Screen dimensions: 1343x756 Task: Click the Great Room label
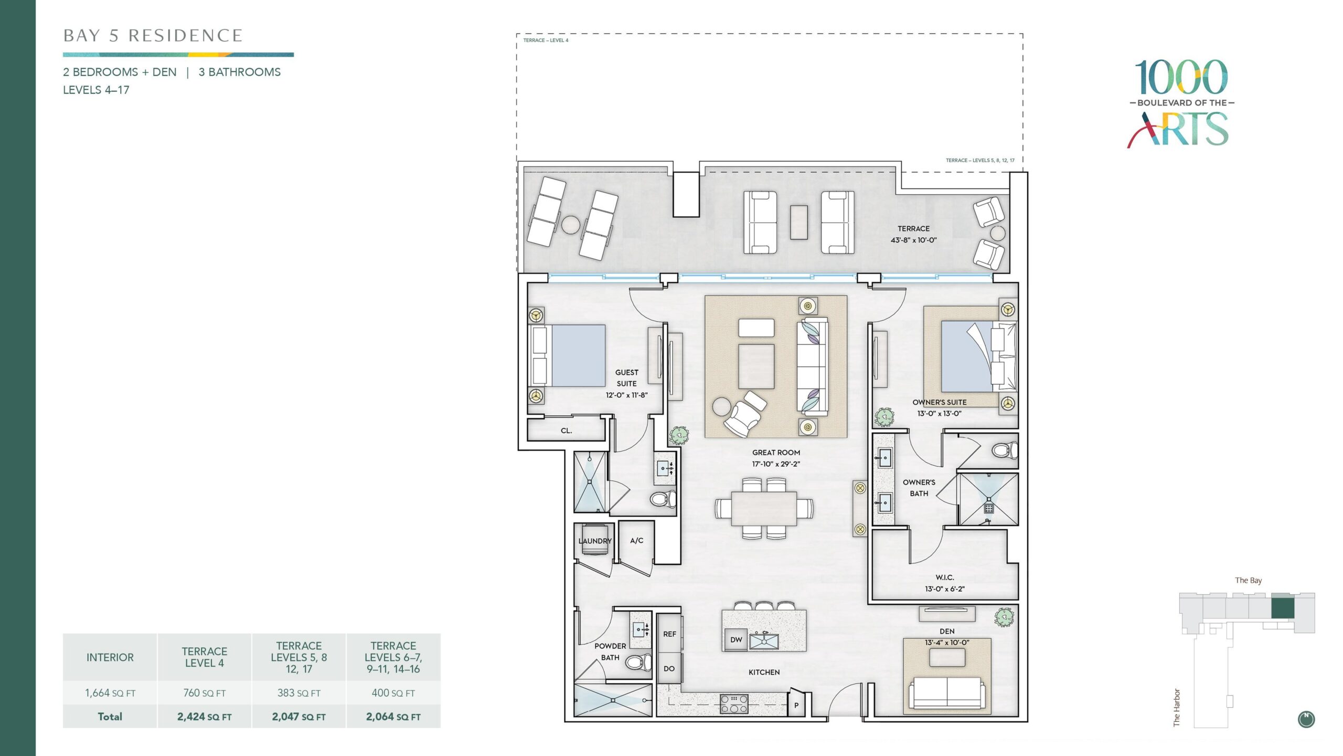point(776,453)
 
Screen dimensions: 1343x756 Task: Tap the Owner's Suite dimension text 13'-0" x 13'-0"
point(939,414)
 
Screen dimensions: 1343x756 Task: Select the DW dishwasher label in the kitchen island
point(736,639)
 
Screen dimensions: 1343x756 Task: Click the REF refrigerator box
point(669,634)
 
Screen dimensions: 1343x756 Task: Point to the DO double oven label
point(669,669)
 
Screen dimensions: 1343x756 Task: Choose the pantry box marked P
point(796,705)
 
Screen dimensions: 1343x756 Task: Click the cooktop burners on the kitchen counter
point(734,704)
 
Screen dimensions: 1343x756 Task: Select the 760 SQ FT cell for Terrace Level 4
point(205,693)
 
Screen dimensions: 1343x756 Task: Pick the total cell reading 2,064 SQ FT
point(393,717)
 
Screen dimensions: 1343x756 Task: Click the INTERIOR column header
point(110,657)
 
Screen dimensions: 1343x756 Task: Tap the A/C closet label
point(636,540)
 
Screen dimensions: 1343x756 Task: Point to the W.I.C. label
point(944,577)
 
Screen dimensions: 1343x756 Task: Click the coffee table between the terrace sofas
point(799,222)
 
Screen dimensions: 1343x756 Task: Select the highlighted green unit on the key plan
point(1283,607)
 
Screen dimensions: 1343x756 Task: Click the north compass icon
point(1306,719)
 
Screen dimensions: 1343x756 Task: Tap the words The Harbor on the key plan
point(1177,708)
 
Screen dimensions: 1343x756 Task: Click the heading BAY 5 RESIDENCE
point(153,36)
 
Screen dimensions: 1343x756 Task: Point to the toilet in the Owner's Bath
point(1004,450)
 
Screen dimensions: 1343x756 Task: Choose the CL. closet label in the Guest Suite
point(566,430)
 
